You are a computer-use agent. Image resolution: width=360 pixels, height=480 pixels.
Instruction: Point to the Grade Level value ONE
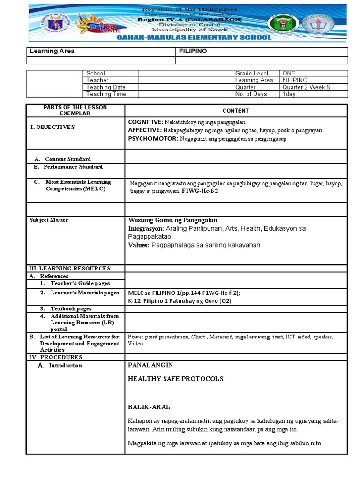pos(289,74)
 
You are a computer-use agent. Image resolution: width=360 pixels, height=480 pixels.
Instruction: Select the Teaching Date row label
pos(105,87)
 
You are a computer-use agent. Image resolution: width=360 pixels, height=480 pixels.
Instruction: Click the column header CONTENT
pos(235,111)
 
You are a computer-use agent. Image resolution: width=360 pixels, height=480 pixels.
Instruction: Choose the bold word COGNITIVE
pos(145,122)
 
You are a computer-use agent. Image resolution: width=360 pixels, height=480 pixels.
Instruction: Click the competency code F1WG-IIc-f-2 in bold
pos(200,192)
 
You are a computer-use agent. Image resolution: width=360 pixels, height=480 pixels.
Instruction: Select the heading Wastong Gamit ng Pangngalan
pos(172,220)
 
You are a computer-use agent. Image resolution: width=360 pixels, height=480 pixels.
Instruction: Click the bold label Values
pos(138,245)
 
